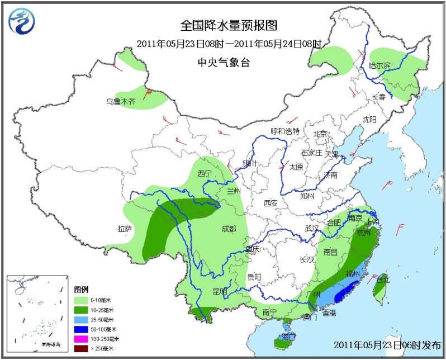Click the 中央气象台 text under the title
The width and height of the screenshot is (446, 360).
(x=224, y=63)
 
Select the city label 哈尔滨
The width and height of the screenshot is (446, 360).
(x=380, y=65)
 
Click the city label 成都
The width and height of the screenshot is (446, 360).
(x=228, y=229)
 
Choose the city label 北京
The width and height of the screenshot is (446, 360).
(x=320, y=134)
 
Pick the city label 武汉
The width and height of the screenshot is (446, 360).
(x=311, y=228)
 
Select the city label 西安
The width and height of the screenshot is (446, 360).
(x=271, y=203)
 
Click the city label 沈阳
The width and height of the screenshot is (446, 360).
(x=369, y=120)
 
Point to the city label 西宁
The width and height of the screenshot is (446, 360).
(x=204, y=174)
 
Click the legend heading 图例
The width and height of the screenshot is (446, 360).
(x=81, y=290)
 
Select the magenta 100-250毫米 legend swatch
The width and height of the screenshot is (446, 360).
(x=80, y=339)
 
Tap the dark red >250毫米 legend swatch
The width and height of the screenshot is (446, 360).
(x=80, y=349)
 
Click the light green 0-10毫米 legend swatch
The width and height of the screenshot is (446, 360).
(x=80, y=300)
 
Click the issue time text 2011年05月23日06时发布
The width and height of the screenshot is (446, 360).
(x=386, y=344)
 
